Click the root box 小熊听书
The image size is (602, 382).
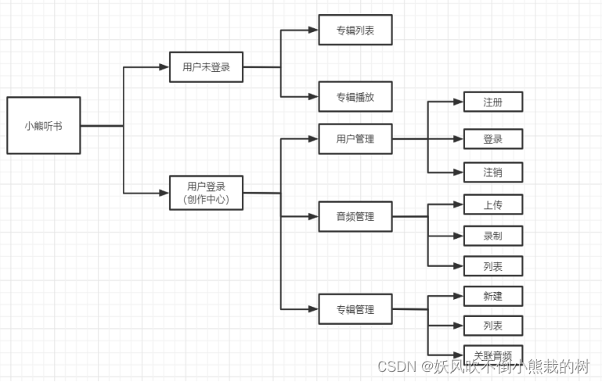pyautogui.click(x=43, y=125)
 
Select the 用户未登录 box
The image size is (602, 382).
pyautogui.click(x=206, y=67)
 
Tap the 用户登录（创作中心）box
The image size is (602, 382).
pyautogui.click(x=206, y=193)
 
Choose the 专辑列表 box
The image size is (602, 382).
pyautogui.click(x=355, y=30)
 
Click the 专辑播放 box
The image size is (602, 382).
pyautogui.click(x=355, y=97)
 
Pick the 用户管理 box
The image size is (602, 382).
pyautogui.click(x=355, y=139)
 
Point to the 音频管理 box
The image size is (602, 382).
pyautogui.click(x=355, y=216)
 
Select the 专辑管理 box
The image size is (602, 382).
pyautogui.click(x=355, y=309)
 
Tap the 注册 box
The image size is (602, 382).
pyautogui.click(x=492, y=103)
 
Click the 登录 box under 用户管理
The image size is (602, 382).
pyautogui.click(x=492, y=139)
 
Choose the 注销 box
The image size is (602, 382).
pyautogui.click(x=492, y=172)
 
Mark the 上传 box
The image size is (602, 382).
pyautogui.click(x=492, y=204)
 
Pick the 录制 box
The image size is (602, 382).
pyautogui.click(x=492, y=236)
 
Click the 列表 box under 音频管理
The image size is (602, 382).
pyautogui.click(x=492, y=267)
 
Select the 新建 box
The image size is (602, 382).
pyautogui.click(x=492, y=296)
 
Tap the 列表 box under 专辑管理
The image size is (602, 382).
pyautogui.click(x=492, y=325)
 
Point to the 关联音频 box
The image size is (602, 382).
pyautogui.click(x=492, y=353)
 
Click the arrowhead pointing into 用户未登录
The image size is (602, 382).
pyautogui.click(x=164, y=67)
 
